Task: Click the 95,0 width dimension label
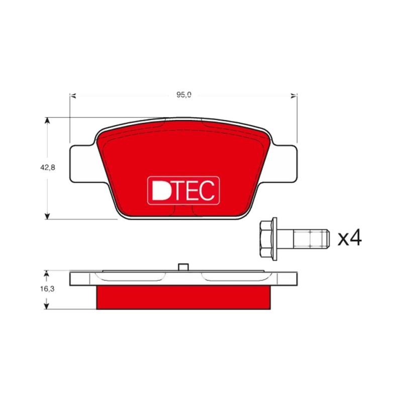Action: (184, 95)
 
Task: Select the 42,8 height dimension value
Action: (47, 168)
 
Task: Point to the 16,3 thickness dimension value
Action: (47, 289)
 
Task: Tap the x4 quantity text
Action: (349, 238)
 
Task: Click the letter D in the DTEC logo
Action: (160, 190)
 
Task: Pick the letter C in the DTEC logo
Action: (207, 190)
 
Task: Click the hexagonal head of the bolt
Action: (266, 239)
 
